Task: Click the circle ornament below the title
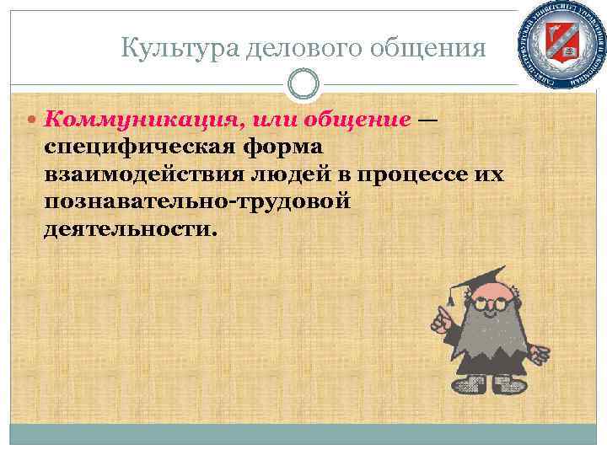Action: click(x=303, y=83)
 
